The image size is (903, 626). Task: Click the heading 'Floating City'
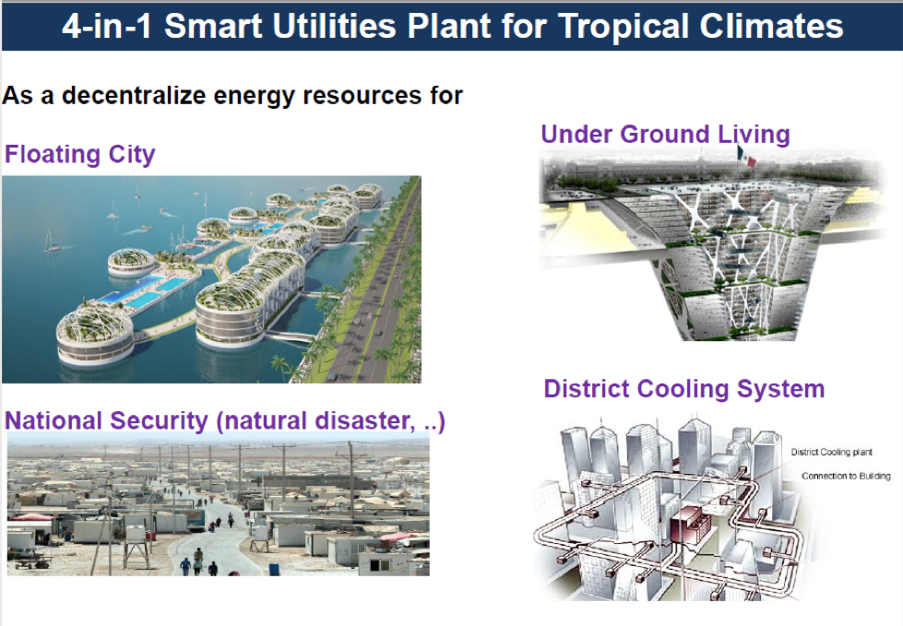point(80,154)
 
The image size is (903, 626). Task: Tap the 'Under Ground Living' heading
point(665,134)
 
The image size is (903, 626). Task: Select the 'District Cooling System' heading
point(684,389)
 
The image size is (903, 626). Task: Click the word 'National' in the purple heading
point(53,420)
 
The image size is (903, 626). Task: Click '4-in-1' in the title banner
point(107,27)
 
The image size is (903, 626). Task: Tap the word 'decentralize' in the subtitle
point(134,95)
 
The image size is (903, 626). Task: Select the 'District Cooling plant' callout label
point(832,453)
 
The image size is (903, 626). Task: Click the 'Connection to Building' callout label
point(846,476)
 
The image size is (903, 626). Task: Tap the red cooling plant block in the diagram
point(691,525)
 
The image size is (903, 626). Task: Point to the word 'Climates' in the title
point(771,27)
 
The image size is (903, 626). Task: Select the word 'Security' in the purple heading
point(159,421)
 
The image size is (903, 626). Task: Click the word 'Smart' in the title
point(213,27)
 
